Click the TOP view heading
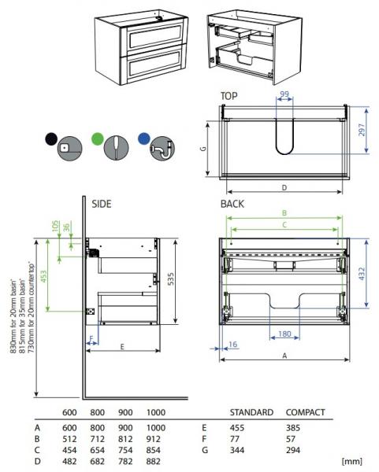click(229, 96)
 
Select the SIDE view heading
click(102, 203)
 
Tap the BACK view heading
click(232, 203)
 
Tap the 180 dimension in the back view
click(285, 334)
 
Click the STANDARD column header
click(251, 412)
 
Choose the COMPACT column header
click(305, 412)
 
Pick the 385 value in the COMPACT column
click(296, 426)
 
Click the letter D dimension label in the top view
click(284, 187)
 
